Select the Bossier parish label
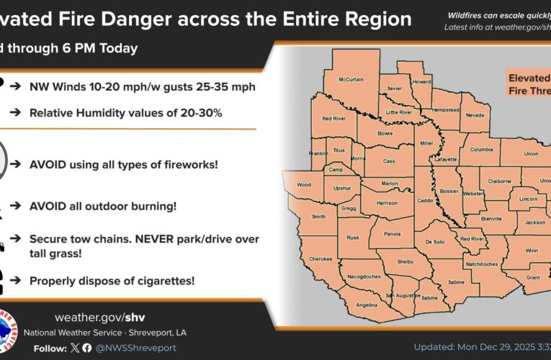[x=449, y=193]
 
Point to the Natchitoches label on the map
[x=488, y=265]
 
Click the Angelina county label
[x=367, y=305]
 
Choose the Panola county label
[x=392, y=234]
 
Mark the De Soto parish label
[x=436, y=242]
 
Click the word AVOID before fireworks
[x=50, y=165]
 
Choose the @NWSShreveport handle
[x=137, y=348]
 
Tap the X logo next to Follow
[x=75, y=348]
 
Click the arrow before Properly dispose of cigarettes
[x=14, y=280]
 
